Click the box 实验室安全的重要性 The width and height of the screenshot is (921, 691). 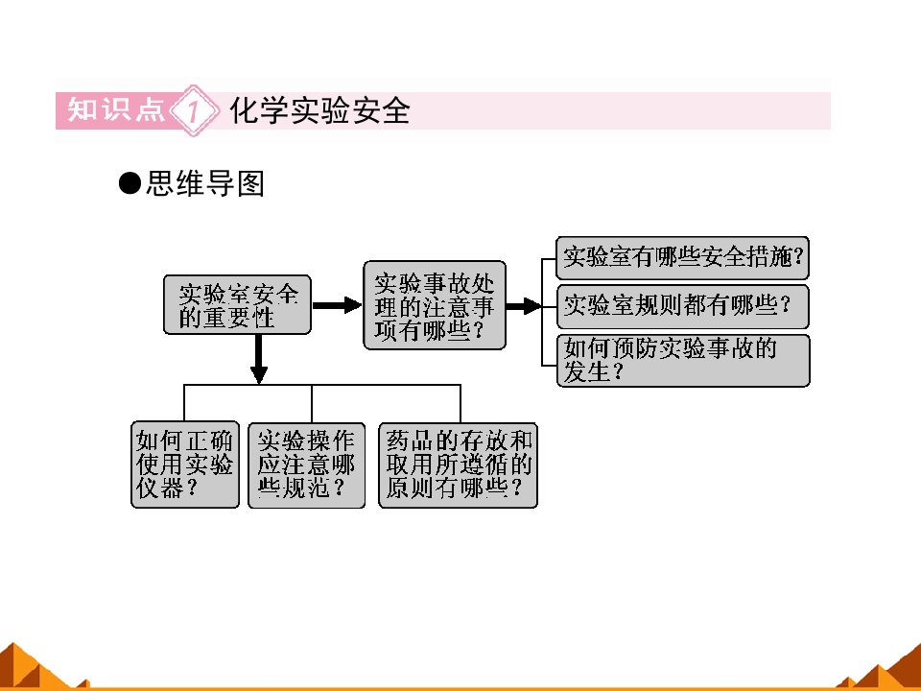237,305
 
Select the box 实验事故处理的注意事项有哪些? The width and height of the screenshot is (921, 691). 435,305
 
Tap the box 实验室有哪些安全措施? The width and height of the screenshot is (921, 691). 682,258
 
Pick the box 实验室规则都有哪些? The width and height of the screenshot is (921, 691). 682,306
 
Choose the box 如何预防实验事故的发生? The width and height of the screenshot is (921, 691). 682,361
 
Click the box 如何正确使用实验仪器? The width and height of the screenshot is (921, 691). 185,465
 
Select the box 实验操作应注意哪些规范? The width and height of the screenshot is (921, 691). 307,465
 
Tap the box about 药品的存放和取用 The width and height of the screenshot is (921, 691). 459,465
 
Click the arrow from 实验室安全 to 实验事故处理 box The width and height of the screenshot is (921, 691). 337,305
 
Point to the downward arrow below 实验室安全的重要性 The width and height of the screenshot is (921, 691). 258,359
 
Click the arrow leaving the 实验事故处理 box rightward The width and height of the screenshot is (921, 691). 524,305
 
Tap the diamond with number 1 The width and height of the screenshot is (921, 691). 194,110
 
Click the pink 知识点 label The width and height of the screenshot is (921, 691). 116,109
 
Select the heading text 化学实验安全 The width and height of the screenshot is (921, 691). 319,110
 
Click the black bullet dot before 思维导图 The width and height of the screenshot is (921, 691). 130,183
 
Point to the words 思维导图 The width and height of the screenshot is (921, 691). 205,183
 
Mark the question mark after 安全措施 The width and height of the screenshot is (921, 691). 797,257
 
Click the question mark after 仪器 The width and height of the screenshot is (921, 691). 192,488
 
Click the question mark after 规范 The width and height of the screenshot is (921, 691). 339,488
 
